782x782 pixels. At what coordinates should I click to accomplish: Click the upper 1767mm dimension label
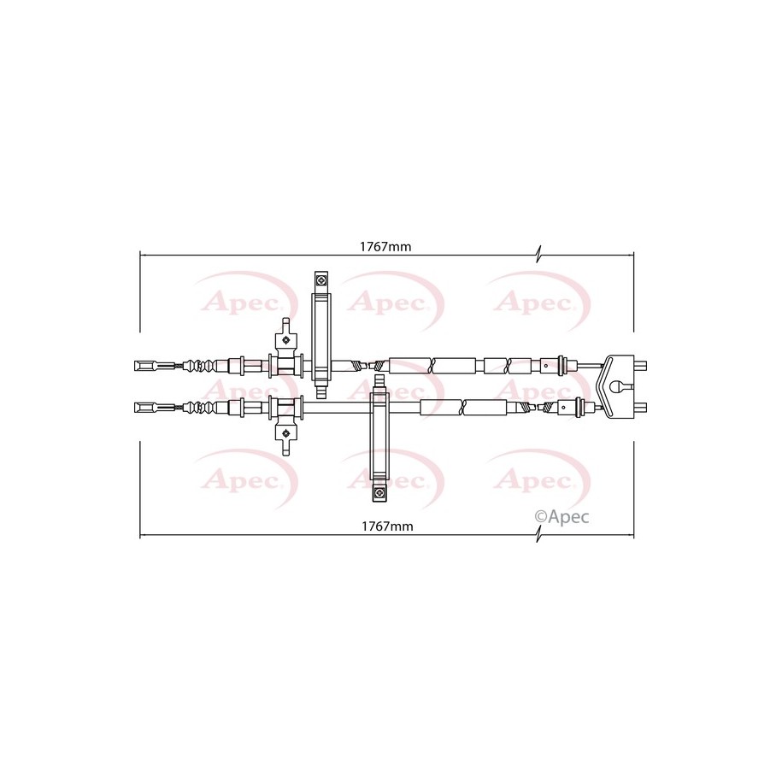[385, 246]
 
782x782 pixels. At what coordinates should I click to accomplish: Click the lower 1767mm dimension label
[387, 526]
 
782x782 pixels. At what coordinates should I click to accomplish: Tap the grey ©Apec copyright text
[562, 517]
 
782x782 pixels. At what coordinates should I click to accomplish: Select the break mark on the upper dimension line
[538, 255]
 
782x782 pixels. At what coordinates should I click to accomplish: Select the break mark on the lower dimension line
[538, 535]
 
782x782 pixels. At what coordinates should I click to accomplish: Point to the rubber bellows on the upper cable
[201, 366]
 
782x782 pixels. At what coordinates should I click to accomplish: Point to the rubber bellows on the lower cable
[201, 408]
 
